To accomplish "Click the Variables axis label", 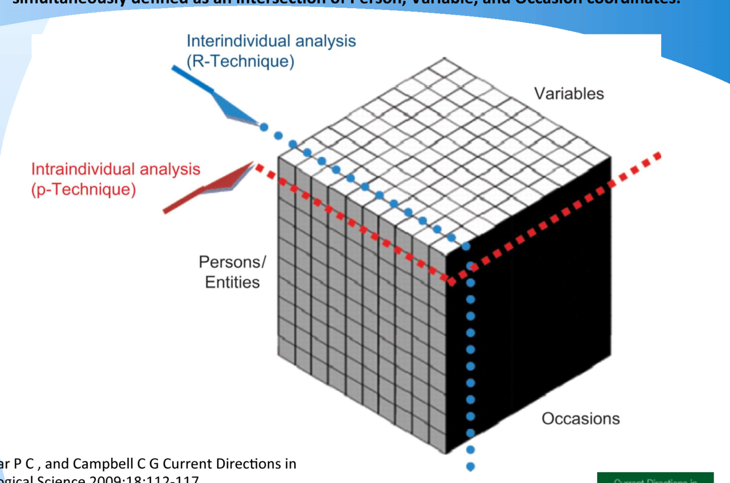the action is (x=569, y=94).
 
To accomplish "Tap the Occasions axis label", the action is (x=581, y=419).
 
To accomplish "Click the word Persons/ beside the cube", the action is (x=232, y=262).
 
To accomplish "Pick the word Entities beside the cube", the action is (x=232, y=282).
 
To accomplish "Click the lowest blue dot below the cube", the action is (x=470, y=467).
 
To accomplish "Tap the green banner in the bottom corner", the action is (x=655, y=478).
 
